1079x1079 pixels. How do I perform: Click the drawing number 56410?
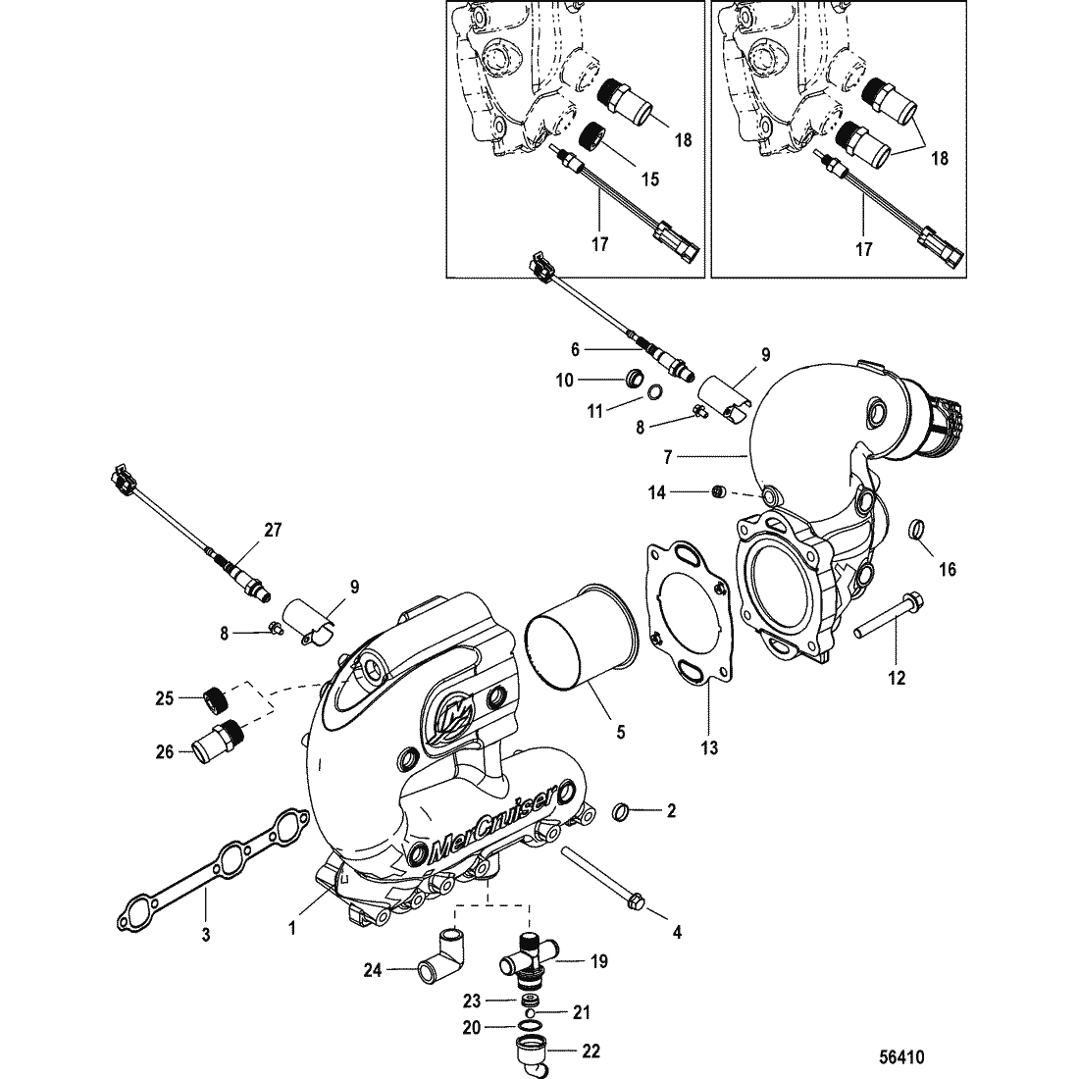pos(901,1055)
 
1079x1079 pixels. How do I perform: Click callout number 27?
pos(274,530)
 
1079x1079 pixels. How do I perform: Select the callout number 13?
pos(709,747)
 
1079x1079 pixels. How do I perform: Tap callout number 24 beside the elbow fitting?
pos(373,971)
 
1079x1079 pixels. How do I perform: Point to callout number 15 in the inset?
pos(650,180)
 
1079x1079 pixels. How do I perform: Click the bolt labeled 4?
pos(603,880)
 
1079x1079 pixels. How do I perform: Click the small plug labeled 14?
pos(718,492)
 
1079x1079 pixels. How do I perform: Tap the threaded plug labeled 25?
pos(216,699)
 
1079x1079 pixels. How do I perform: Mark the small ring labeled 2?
pos(621,811)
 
